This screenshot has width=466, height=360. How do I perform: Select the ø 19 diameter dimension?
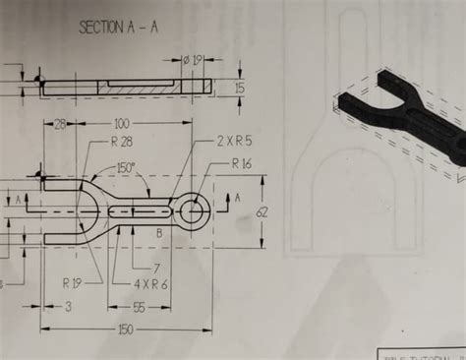[193, 60]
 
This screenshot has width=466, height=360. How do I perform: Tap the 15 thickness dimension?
[240, 88]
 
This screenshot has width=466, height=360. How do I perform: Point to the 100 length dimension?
[122, 125]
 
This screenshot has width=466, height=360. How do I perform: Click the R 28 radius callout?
[122, 143]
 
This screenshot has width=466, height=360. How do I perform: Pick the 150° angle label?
[126, 167]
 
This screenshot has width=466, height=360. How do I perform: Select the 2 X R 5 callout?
[233, 142]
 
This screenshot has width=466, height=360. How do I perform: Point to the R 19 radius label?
[73, 282]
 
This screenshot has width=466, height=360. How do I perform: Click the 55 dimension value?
[138, 308]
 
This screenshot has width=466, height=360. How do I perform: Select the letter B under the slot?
[159, 233]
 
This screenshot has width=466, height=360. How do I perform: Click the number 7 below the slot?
[155, 268]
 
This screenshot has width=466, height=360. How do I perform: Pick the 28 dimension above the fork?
[60, 125]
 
